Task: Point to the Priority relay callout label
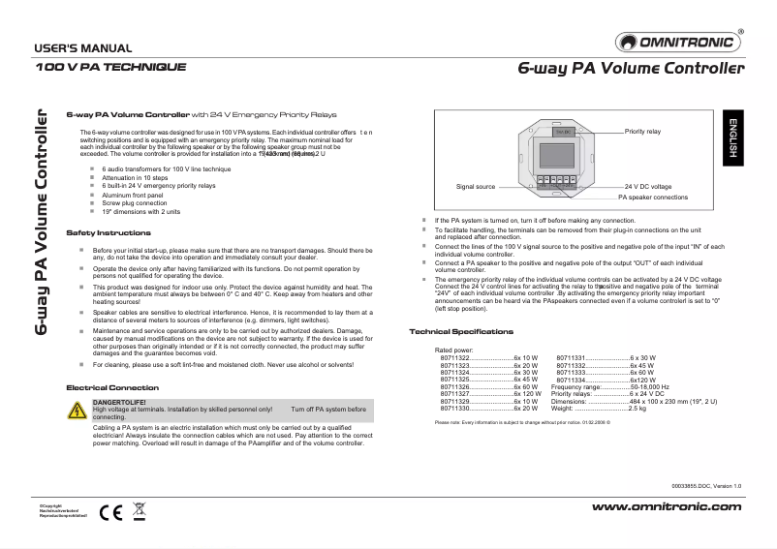pyautogui.click(x=642, y=130)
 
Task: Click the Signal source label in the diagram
pyautogui.click(x=476, y=186)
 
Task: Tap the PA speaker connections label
pyautogui.click(x=653, y=197)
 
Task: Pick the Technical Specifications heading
pyautogui.click(x=461, y=332)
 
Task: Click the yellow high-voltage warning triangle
pyautogui.click(x=76, y=411)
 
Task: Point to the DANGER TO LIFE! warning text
pyautogui.click(x=119, y=402)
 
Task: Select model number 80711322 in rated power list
pyautogui.click(x=455, y=357)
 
